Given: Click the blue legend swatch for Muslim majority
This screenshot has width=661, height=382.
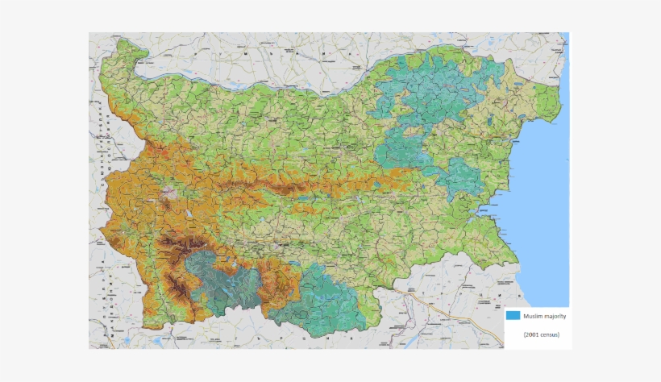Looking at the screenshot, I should pyautogui.click(x=513, y=316).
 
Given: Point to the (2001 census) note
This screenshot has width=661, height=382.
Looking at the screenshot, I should pyautogui.click(x=541, y=334).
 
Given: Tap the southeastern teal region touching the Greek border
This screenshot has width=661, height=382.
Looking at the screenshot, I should pyautogui.click(x=330, y=302).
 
